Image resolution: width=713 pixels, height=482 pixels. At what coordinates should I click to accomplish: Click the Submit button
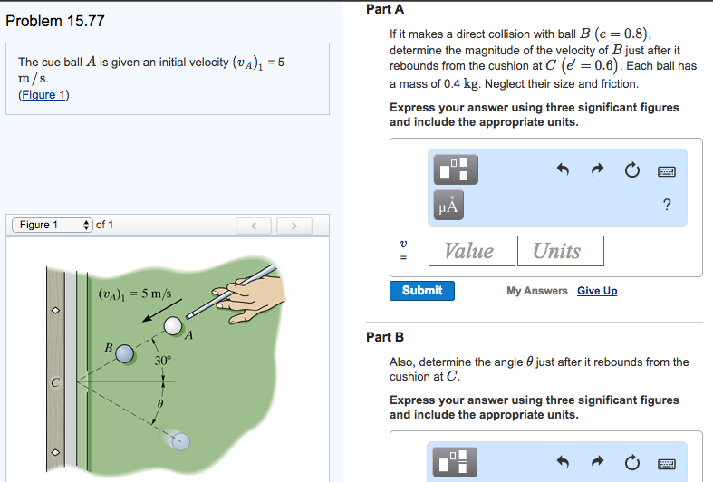coord(422,291)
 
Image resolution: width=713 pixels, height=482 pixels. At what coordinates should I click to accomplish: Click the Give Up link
coord(597,291)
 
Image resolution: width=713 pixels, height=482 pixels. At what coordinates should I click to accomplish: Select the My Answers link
coord(537,291)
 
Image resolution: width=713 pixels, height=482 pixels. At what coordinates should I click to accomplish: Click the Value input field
coord(469,251)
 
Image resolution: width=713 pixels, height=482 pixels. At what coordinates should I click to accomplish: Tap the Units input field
coord(560,251)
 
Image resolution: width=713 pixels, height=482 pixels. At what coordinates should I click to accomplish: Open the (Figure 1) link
coord(43,95)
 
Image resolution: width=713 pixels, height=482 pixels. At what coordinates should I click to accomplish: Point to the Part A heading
coord(385,9)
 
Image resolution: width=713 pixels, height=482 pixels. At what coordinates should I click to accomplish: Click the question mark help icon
coord(667,206)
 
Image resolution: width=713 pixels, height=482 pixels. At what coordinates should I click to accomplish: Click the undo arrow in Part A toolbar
coord(563,169)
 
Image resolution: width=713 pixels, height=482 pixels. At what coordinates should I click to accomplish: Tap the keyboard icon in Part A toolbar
coord(667,170)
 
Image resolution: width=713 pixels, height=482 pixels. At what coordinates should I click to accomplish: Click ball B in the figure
coord(124,351)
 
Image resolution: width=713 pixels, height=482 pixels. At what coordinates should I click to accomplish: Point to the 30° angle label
coord(162,361)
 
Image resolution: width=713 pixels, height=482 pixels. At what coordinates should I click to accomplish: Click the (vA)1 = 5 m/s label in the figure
coord(134,294)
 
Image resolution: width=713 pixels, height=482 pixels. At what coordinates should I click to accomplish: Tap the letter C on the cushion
coord(54,382)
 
